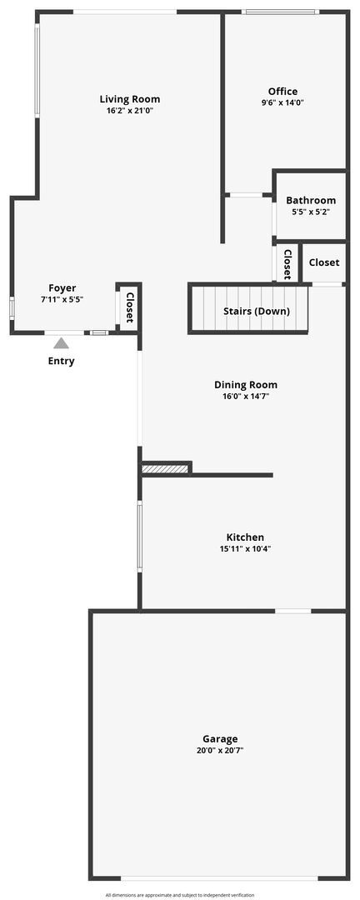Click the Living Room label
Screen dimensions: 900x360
[x=129, y=99]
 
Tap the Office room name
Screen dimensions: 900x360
[x=282, y=92]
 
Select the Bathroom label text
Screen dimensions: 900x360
[x=311, y=200]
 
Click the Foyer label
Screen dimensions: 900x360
[x=62, y=288]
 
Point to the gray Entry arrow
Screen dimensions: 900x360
[x=62, y=342]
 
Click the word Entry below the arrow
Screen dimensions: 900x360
[x=61, y=361]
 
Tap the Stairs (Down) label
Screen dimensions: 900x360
[x=256, y=312]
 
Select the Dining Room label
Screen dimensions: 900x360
[x=246, y=385]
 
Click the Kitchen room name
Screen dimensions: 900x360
[x=245, y=537]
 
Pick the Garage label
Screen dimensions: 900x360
[x=220, y=738]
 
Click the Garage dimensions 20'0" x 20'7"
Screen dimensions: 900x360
[x=220, y=750]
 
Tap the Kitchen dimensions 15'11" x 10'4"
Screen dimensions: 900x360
[x=245, y=549]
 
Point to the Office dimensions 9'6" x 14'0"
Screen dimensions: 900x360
[x=282, y=103]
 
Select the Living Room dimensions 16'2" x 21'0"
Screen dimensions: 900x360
[x=129, y=111]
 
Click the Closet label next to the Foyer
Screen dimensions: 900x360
[x=129, y=307]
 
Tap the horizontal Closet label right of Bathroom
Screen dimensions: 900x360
[x=323, y=262]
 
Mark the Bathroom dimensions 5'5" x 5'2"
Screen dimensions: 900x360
[x=311, y=212]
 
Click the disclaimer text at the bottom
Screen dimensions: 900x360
[x=180, y=895]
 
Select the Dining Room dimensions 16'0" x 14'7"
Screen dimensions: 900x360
[x=246, y=397]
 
